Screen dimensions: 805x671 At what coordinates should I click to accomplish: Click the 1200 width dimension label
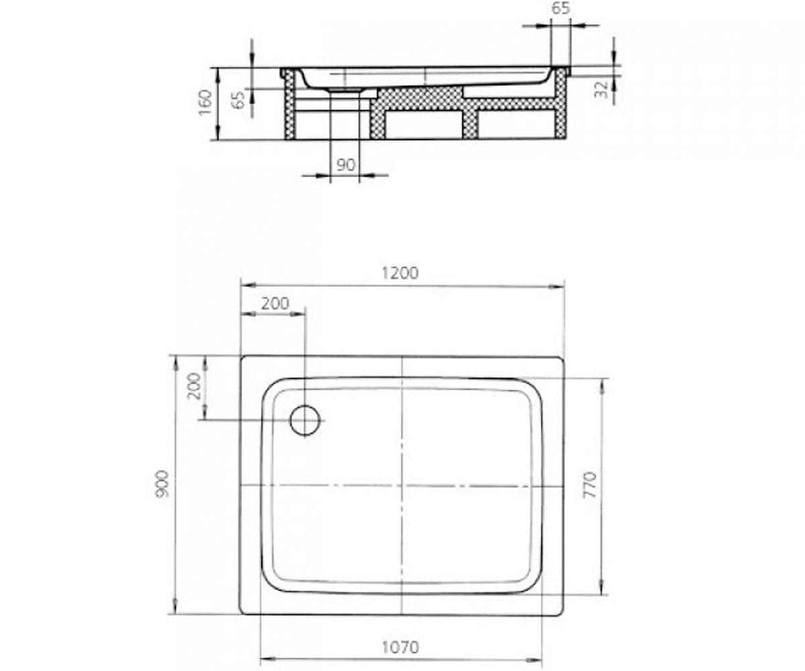click(x=400, y=273)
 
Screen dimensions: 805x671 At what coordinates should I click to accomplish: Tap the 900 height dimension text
click(x=162, y=484)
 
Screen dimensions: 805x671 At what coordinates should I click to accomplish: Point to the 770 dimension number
click(x=590, y=484)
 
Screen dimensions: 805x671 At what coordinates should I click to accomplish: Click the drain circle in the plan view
click(x=305, y=420)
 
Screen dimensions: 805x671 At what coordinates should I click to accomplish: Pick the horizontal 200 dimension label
click(x=275, y=303)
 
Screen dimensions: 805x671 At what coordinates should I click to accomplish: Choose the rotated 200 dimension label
click(x=194, y=386)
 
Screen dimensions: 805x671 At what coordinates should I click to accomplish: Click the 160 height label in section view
click(x=205, y=102)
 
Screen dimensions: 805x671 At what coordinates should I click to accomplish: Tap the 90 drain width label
click(x=345, y=165)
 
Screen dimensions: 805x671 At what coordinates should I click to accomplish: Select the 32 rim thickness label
click(x=601, y=89)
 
